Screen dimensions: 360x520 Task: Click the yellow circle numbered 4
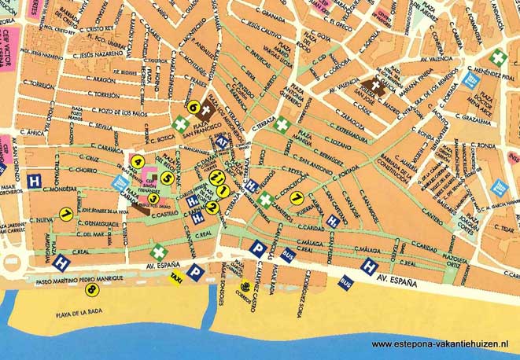coord(138,162)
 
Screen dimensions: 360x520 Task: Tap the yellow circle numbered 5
coord(167,178)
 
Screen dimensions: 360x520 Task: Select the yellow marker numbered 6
coord(192,105)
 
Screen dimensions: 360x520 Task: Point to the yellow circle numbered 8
coord(93,290)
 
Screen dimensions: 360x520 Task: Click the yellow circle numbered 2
coord(212,208)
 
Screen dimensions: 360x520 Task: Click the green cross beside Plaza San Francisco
coord(181,124)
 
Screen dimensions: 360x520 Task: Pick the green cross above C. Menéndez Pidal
coord(498,57)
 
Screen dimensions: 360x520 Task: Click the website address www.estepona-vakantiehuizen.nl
coord(440,344)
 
